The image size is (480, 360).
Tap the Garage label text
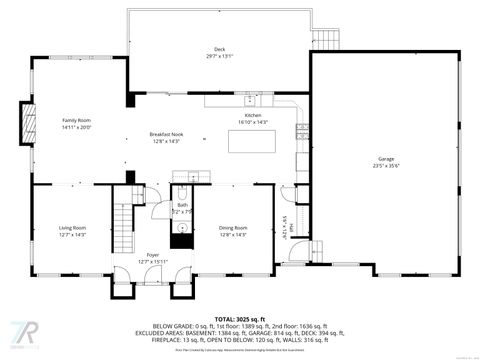(x=386, y=159)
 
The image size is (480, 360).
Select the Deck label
(x=218, y=49)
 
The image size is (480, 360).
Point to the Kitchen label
(x=254, y=115)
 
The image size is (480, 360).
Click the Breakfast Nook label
(x=166, y=134)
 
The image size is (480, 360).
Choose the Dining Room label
(x=233, y=228)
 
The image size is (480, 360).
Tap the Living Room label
(x=72, y=228)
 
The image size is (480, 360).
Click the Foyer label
(x=152, y=255)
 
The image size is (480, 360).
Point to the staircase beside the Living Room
(x=122, y=227)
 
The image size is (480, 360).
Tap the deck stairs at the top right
(x=329, y=38)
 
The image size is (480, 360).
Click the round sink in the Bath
(x=182, y=229)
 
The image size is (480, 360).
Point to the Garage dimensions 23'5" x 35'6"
(x=386, y=166)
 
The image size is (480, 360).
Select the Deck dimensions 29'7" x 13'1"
(x=218, y=56)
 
